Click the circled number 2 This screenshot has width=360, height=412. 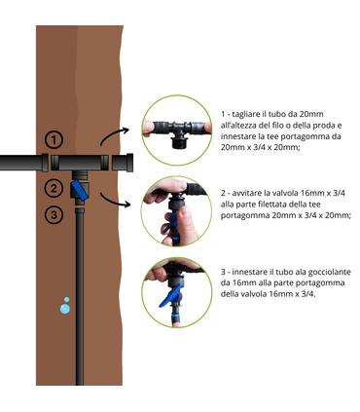54,188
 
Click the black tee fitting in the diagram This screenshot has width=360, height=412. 79,162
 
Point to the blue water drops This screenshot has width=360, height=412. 64,304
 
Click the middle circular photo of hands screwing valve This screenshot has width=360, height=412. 175,209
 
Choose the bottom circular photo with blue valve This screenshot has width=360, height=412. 175,291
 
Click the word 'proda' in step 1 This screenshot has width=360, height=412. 315,125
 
